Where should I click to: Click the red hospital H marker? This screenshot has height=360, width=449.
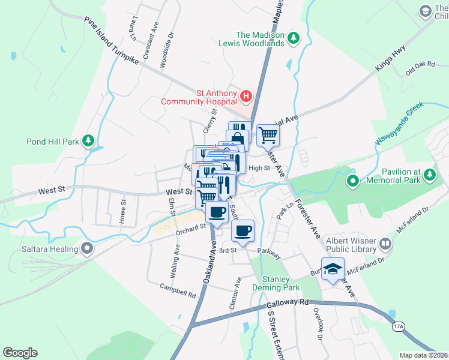coord(246,96)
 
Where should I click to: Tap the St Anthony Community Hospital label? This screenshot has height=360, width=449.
coord(199,97)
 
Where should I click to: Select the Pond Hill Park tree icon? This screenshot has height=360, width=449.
coord(89,141)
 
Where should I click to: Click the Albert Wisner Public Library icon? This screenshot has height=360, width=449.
coord(385,244)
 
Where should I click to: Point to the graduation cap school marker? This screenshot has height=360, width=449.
coord(332,269)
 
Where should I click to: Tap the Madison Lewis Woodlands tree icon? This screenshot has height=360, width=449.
coord(294,38)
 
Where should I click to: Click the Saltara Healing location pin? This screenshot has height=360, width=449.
coord(88,248)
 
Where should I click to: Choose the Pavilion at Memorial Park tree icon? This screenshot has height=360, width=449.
coord(429,175)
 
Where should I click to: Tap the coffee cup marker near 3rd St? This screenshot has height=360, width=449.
coord(243,232)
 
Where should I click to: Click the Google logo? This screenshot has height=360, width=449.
coord(20,353)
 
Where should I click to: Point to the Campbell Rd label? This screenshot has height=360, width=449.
coord(178,291)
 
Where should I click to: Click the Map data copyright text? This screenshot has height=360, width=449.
coord(423,355)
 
